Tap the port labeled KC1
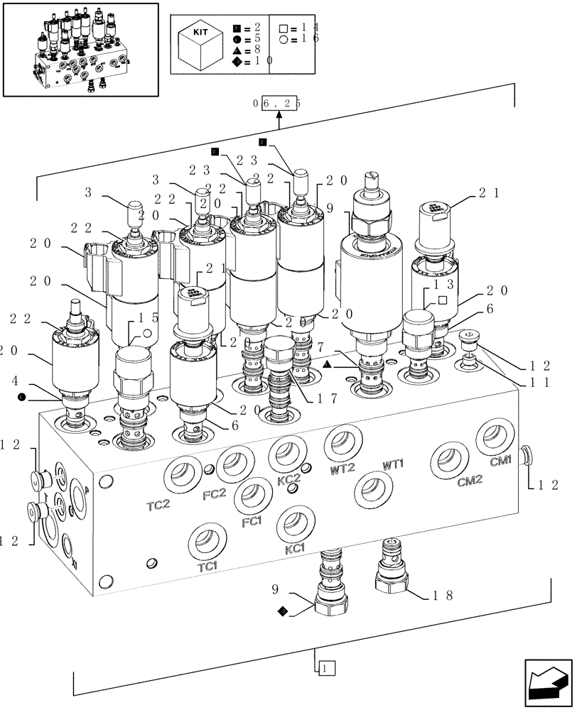pos(293,524)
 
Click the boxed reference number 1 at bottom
pos(324,667)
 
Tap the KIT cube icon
pos(200,43)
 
